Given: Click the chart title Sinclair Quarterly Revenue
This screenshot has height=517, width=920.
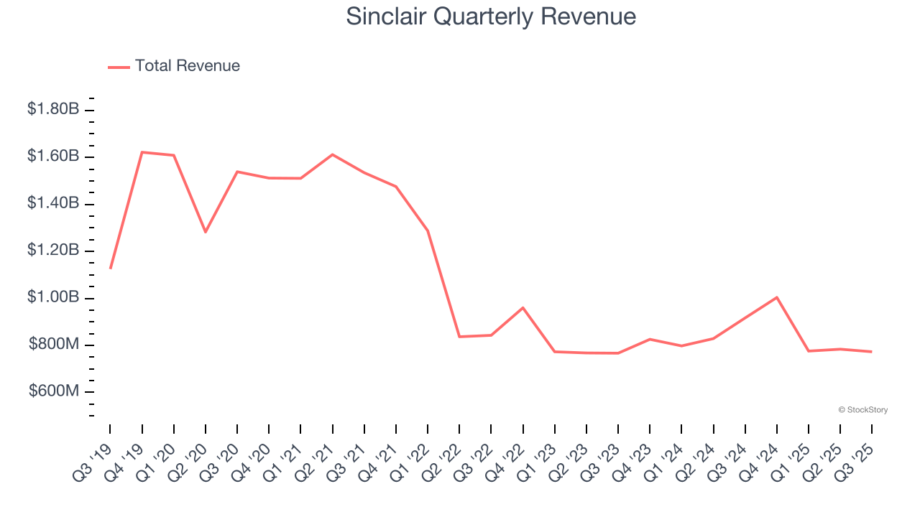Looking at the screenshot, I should pyautogui.click(x=491, y=16).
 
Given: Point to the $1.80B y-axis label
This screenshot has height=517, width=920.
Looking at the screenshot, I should pyautogui.click(x=53, y=109).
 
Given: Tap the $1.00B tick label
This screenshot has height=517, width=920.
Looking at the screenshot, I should pyautogui.click(x=53, y=298).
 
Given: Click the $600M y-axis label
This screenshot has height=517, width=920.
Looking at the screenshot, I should pyautogui.click(x=54, y=391).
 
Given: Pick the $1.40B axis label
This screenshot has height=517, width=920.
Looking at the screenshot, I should pyautogui.click(x=53, y=203).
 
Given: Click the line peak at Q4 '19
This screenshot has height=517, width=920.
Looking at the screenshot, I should pyautogui.click(x=142, y=152).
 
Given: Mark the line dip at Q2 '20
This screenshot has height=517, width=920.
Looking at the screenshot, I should pyautogui.click(x=206, y=232).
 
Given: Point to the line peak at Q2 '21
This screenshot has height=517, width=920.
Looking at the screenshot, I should pyautogui.click(x=333, y=154).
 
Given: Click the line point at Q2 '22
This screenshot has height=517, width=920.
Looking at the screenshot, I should pyautogui.click(x=459, y=336).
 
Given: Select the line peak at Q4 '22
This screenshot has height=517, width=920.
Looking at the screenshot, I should pyautogui.click(x=523, y=307).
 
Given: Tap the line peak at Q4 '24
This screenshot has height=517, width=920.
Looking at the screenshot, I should pyautogui.click(x=777, y=297).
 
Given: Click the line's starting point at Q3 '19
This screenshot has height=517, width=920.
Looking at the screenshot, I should pyautogui.click(x=110, y=268).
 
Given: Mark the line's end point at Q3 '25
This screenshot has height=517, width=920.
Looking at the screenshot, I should pyautogui.click(x=872, y=351).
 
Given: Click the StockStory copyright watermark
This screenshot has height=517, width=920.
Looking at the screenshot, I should pyautogui.click(x=863, y=410).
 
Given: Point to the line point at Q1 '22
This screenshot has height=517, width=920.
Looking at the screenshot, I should pyautogui.click(x=428, y=230).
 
